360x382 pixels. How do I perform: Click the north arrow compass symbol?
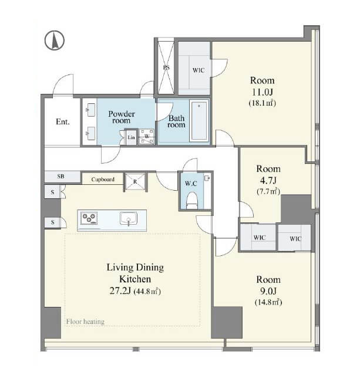55,40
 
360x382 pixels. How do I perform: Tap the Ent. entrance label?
63,121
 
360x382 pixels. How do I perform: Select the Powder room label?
122,117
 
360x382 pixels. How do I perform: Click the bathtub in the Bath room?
199,121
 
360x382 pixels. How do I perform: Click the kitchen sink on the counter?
129,218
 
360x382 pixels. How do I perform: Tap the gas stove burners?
89,218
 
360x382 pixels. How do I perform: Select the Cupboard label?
103,180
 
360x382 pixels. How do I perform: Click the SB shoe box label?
60,176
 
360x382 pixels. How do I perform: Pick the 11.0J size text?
262,92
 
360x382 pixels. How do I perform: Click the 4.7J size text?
268,181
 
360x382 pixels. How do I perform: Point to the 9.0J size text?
268,291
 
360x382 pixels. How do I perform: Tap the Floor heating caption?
85,322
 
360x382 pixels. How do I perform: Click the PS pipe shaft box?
166,66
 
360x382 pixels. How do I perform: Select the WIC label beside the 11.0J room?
198,70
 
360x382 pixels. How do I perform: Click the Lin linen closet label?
131,137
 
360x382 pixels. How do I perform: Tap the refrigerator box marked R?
135,181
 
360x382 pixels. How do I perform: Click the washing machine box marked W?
147,137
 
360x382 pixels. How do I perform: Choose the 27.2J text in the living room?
120,291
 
